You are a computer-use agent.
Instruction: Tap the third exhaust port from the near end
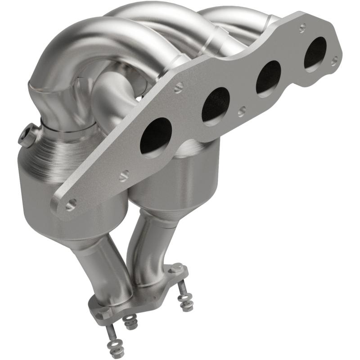click(x=269, y=77)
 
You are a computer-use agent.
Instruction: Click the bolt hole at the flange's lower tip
click(x=70, y=205)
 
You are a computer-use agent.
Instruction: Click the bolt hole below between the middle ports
click(x=242, y=111)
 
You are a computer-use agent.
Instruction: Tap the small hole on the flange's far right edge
click(x=333, y=59)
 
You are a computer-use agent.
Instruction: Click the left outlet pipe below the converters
click(x=101, y=270)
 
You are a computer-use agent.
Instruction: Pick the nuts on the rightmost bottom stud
click(x=185, y=302)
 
